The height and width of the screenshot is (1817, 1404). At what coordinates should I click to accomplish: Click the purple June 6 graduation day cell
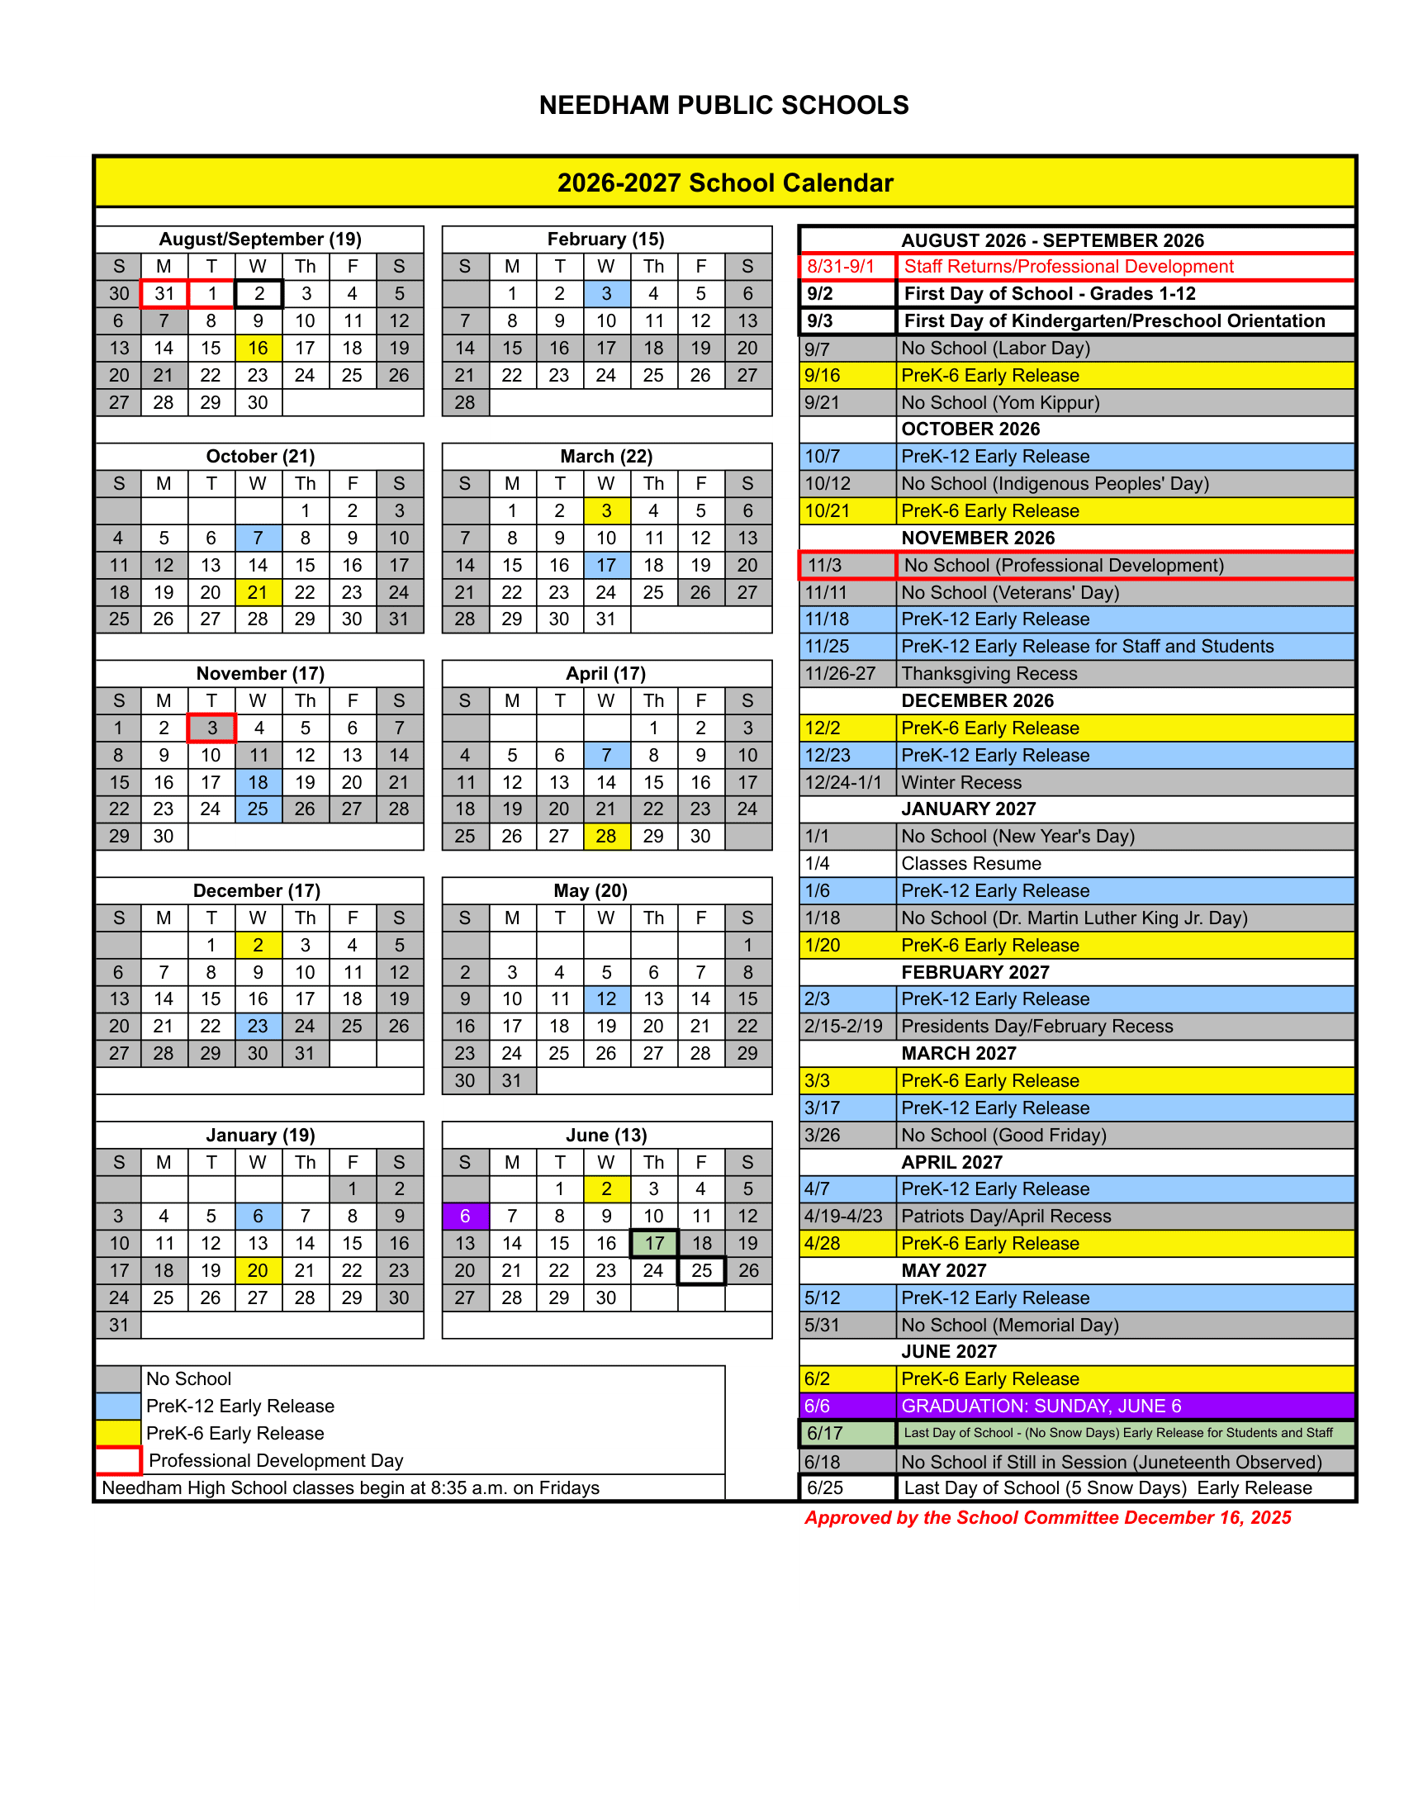[465, 1216]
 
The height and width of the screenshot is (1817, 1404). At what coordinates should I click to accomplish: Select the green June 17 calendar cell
[655, 1243]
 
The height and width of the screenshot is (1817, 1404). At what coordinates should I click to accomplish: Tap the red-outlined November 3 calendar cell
[212, 728]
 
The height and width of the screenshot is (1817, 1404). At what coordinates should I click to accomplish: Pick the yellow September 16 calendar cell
[258, 348]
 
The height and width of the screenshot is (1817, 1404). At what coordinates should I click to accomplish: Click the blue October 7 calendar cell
[258, 538]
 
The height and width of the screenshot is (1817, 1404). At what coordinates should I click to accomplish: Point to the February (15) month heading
[605, 240]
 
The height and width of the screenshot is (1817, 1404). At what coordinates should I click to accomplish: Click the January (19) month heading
[260, 1135]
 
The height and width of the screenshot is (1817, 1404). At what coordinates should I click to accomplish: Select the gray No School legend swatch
[118, 1378]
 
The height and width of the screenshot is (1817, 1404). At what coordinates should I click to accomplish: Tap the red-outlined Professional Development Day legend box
[118, 1460]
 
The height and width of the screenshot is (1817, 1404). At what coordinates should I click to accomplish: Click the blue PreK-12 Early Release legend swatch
[118, 1406]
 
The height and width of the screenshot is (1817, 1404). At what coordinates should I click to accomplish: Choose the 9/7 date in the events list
[817, 349]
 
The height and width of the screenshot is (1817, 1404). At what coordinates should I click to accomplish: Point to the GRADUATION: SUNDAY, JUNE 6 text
[1041, 1406]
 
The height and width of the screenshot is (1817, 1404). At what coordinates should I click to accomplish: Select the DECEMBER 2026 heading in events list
[977, 700]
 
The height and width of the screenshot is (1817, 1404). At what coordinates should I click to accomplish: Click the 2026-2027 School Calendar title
[724, 183]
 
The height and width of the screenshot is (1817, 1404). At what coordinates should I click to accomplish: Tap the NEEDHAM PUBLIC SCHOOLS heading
[723, 106]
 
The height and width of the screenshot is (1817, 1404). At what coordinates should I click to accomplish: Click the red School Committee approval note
[1047, 1517]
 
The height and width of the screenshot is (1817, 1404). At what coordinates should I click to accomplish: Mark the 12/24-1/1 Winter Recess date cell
[842, 782]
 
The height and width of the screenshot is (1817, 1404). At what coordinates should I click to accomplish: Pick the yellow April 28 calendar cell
[606, 836]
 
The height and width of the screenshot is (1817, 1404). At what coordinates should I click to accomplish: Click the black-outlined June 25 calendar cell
[702, 1270]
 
